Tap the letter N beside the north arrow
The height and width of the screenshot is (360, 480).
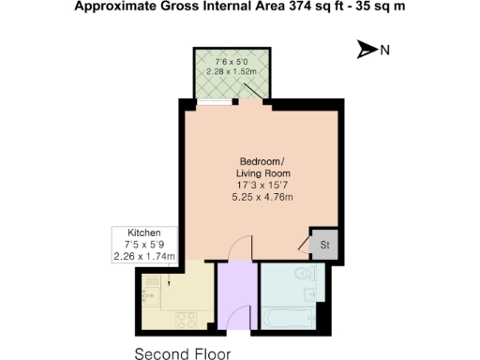tap(384, 51)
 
